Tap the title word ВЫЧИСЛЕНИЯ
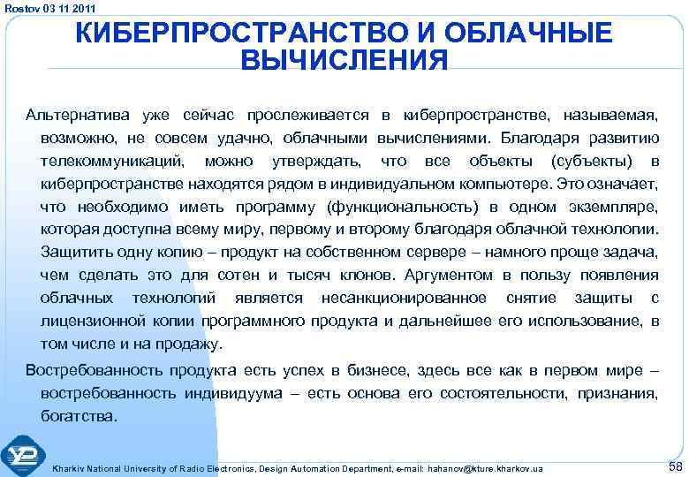(x=344, y=62)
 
